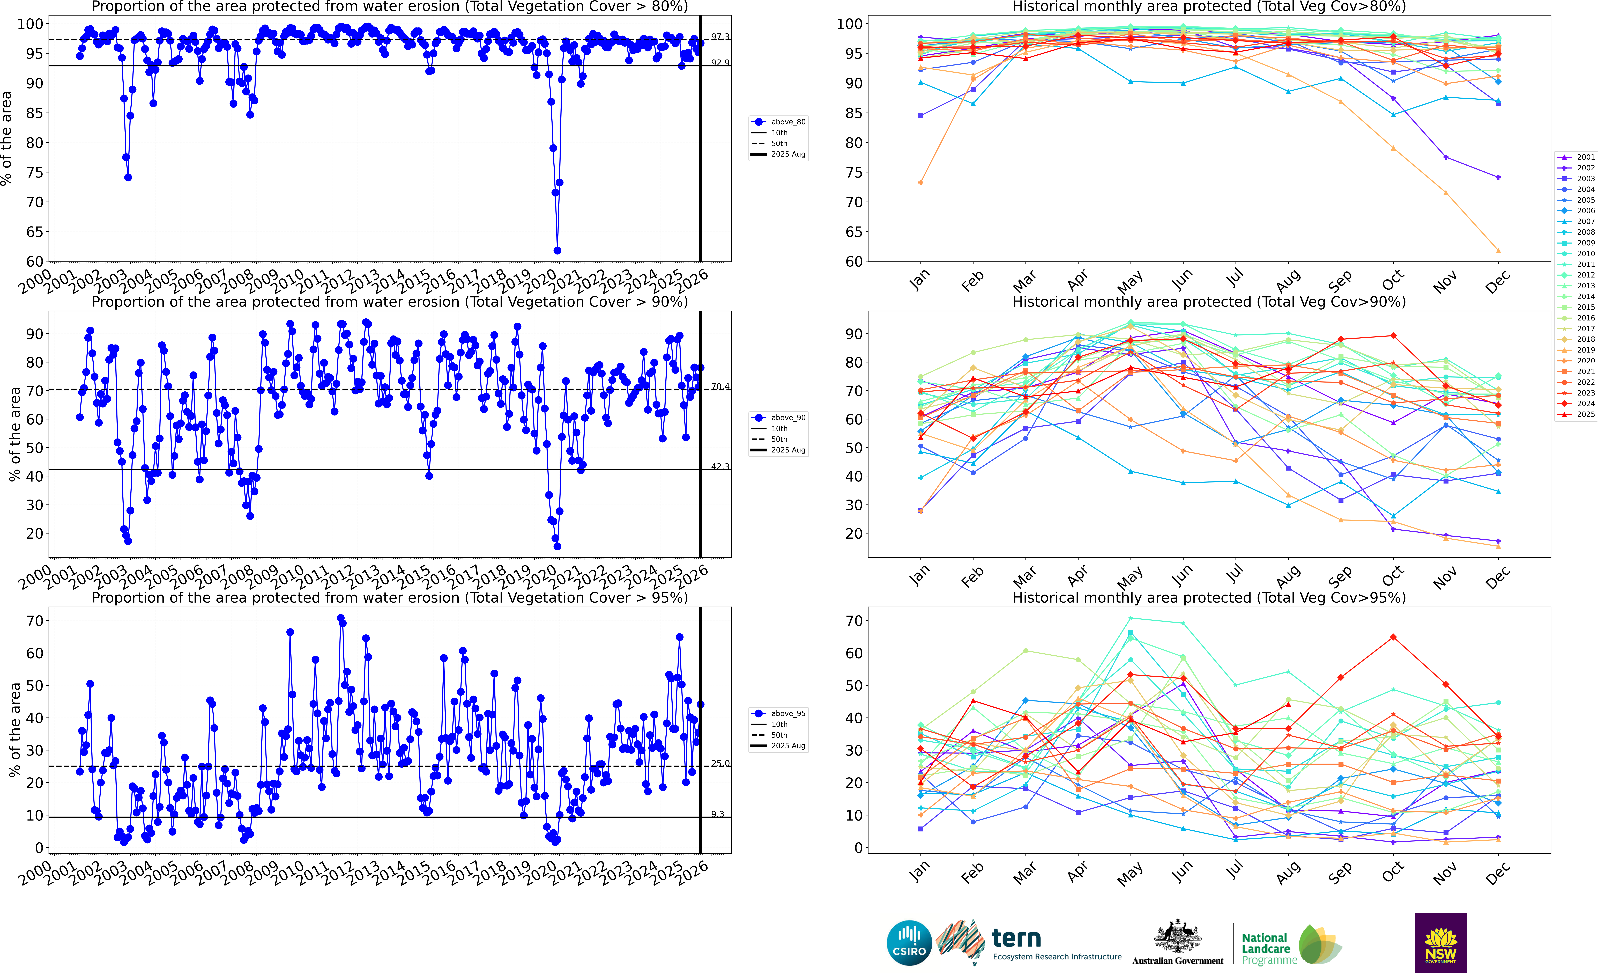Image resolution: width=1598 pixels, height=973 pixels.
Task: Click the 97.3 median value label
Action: [x=720, y=37]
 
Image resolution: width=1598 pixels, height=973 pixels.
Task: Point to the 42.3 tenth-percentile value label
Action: [x=720, y=466]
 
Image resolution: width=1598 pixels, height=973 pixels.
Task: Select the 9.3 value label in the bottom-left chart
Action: [x=717, y=814]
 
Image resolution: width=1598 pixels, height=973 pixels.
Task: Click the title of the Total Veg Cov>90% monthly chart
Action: [x=1209, y=302]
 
